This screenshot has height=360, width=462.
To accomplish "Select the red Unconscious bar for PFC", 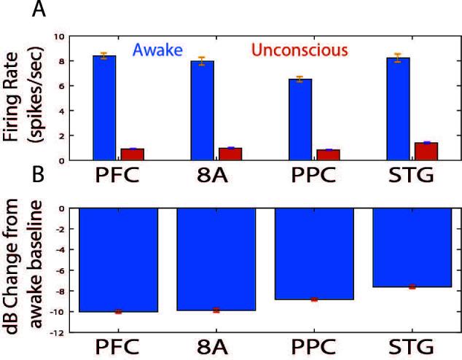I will coord(132,154).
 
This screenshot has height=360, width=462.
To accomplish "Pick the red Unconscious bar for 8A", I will coord(230,153).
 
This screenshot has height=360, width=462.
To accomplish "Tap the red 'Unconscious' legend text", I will coord(299,50).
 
